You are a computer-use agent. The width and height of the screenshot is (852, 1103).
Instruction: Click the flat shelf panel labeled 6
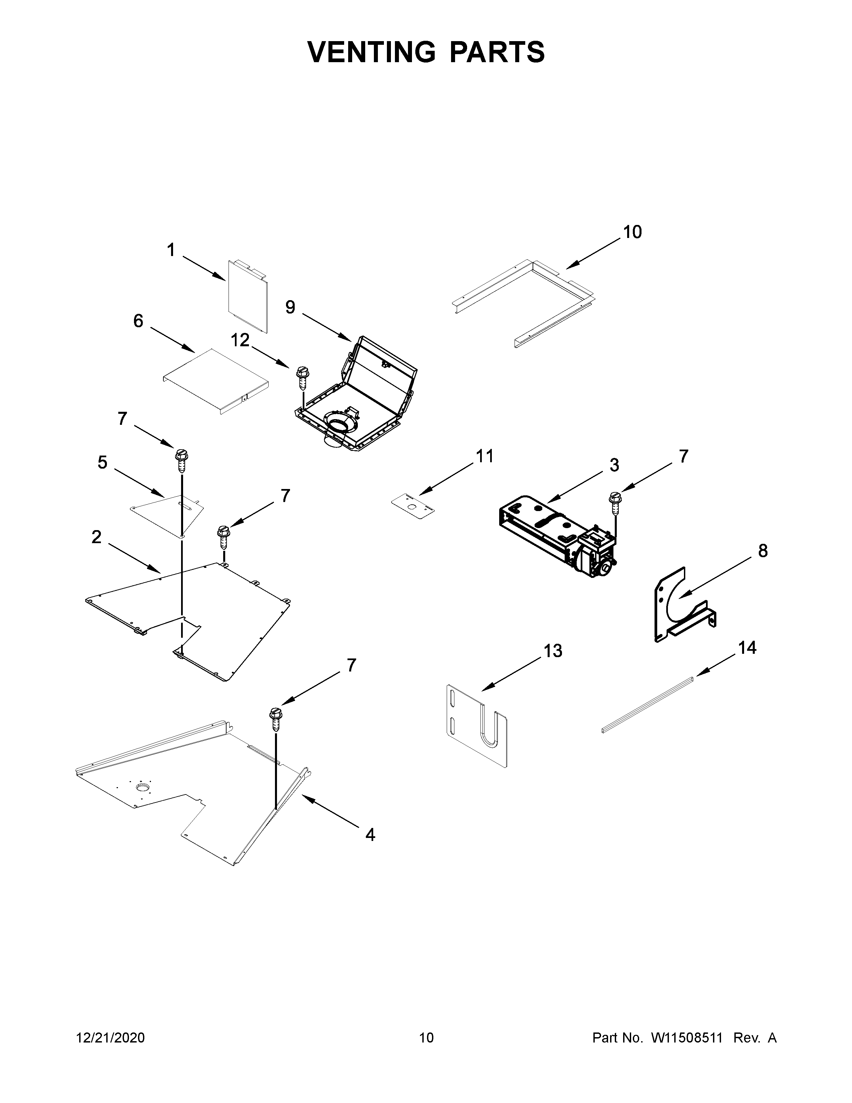pyautogui.click(x=215, y=379)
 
